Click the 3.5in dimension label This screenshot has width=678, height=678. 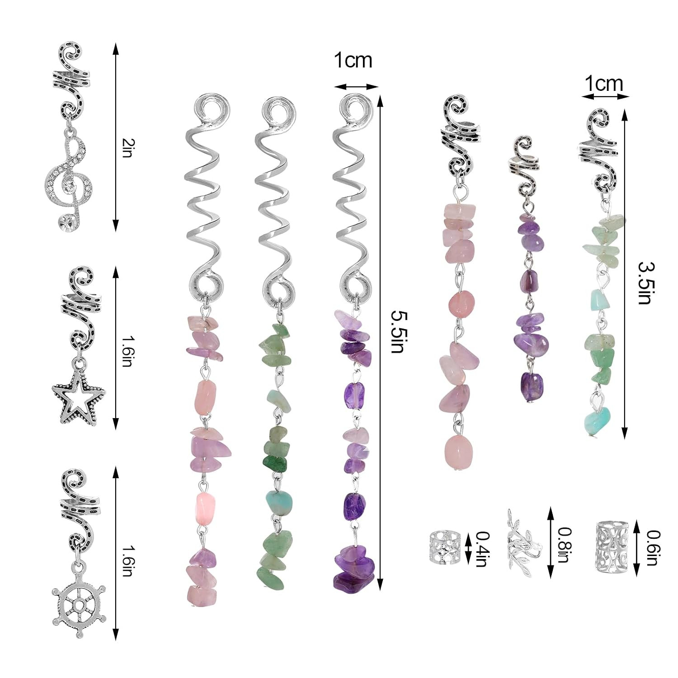(645, 283)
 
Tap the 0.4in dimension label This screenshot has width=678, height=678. (482, 549)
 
